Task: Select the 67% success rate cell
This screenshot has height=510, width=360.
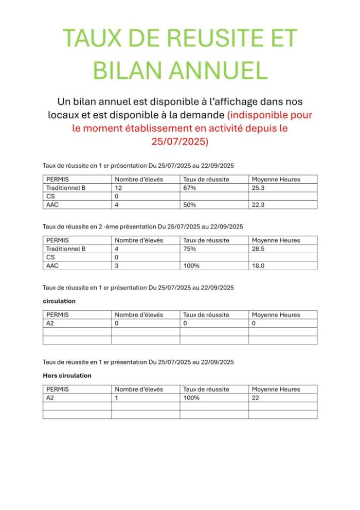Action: tap(189, 188)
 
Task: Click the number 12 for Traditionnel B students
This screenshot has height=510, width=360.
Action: tap(118, 188)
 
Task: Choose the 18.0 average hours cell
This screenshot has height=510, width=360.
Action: tap(259, 266)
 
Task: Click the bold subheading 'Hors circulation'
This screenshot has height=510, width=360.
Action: tap(67, 376)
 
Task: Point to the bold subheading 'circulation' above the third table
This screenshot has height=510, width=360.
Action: tap(59, 301)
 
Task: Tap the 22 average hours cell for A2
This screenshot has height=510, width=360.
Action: tap(256, 398)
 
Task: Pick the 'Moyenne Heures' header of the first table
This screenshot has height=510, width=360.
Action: tap(276, 179)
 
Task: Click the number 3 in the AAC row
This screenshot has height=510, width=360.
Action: tap(117, 266)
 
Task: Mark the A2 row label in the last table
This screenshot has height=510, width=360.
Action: tap(50, 398)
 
